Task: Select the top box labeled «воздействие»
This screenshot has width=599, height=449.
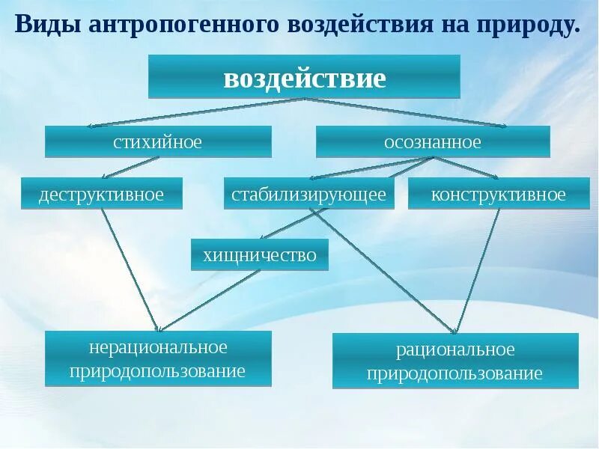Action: point(304,77)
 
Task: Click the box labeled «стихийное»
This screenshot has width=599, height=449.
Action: point(158,141)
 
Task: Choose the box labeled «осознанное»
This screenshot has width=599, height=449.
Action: point(433,141)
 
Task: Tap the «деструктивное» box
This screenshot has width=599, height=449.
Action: point(102,195)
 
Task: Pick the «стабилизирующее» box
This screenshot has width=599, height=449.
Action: point(308,195)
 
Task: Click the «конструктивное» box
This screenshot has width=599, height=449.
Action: point(499,195)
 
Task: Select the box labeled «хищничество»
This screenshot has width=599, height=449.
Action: point(260,254)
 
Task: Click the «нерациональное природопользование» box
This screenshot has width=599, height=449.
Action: point(158,358)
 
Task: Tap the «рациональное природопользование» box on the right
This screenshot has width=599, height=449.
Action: point(455,361)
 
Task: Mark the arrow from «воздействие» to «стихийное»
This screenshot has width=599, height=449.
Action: point(195,112)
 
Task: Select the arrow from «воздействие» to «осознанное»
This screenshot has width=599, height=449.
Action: point(408,112)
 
